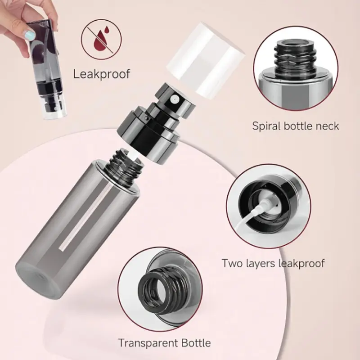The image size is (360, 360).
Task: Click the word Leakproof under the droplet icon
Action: [102, 74]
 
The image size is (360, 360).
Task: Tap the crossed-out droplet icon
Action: [101, 39]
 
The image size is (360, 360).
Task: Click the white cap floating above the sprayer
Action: [205, 58]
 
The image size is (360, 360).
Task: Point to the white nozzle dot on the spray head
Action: [175, 99]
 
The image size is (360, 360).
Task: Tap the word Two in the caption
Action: [232, 263]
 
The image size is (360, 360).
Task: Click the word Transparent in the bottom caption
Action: [148, 343]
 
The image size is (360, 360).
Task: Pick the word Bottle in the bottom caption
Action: [196, 343]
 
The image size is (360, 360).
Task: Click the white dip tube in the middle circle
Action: [255, 212]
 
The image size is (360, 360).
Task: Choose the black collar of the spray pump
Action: [148, 131]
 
